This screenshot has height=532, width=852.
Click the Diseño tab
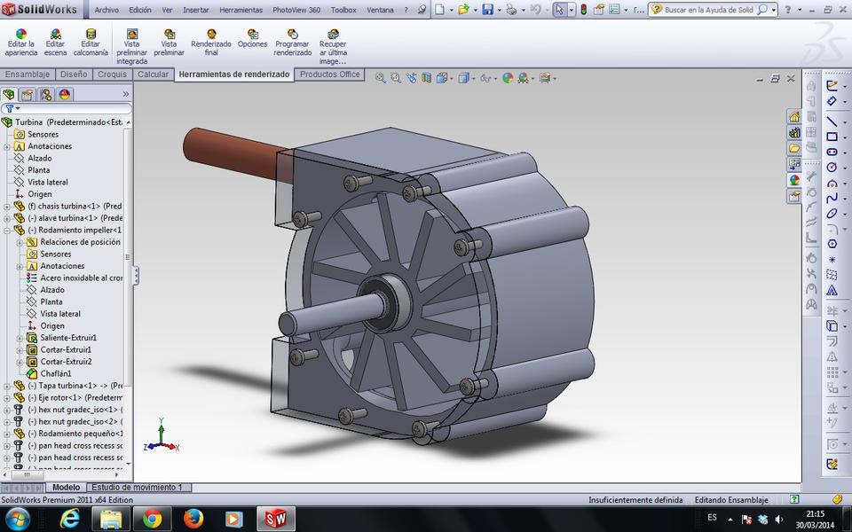click(74, 74)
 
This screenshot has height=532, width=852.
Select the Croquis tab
click(113, 74)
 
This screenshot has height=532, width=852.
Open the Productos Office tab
click(329, 74)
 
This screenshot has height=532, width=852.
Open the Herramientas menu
click(241, 10)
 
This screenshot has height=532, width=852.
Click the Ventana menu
click(380, 10)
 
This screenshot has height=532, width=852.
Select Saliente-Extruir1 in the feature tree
click(68, 338)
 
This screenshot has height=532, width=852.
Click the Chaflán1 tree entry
click(55, 373)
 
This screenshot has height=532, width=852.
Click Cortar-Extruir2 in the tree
click(66, 362)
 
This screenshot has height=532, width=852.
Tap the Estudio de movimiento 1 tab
click(136, 488)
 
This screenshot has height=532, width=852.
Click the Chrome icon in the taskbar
click(152, 519)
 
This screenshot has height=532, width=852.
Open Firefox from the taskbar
click(193, 519)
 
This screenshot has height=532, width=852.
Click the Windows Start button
click(17, 519)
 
